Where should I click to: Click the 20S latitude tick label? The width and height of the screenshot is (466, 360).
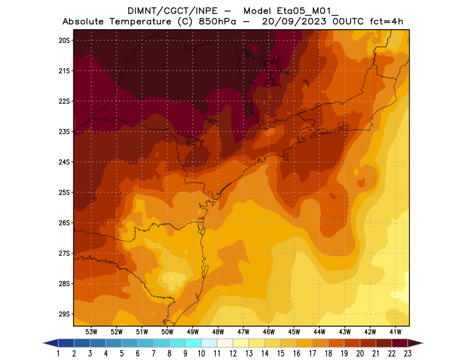coord(64,40)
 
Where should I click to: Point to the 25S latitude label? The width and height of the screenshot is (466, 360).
coord(64,192)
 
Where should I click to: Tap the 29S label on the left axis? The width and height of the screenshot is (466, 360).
coord(64,314)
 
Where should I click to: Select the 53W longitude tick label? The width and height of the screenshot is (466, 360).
coord(91,331)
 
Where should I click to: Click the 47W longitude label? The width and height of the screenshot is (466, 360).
coord(243,331)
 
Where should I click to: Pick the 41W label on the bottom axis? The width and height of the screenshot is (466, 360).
coord(396,331)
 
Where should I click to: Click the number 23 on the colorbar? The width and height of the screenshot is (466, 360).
coord(407,354)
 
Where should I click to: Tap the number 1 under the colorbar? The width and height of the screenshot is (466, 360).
coord(59,354)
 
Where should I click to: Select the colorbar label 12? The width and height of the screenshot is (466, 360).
coord(233,354)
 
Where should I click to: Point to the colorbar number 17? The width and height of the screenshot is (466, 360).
coord(312,354)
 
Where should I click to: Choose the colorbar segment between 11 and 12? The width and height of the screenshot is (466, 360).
coord(225,343)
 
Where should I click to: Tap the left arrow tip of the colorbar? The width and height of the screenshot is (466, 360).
coord(45,343)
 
